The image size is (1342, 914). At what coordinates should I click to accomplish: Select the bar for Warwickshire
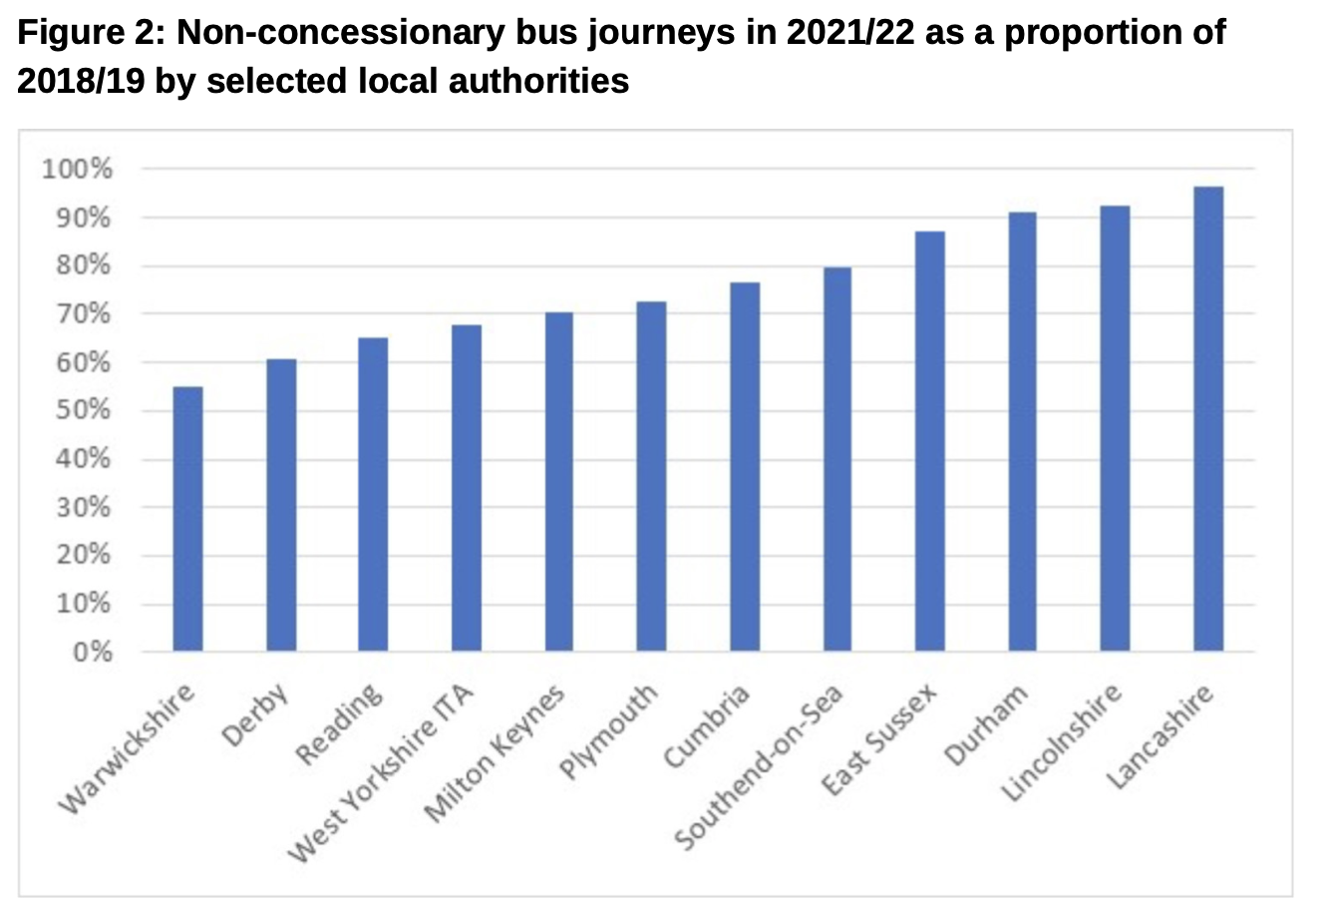tap(187, 519)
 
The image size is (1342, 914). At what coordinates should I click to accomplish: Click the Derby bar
tap(281, 505)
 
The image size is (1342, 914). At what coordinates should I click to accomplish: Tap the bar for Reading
tap(373, 494)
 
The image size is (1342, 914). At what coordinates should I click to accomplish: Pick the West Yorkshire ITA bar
tap(466, 488)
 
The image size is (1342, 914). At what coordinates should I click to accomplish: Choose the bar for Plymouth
tap(651, 476)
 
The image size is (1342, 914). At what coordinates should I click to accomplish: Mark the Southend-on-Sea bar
tap(837, 459)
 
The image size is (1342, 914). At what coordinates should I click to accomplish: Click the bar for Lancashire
tap(1207, 419)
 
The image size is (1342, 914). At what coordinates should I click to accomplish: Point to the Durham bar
tap(1022, 431)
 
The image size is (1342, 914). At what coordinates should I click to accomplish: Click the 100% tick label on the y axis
tap(77, 169)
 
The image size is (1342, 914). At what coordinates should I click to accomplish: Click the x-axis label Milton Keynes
tap(496, 754)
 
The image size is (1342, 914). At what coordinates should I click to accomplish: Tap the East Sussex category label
tap(879, 739)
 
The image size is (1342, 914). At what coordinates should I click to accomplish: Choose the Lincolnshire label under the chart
tap(1063, 742)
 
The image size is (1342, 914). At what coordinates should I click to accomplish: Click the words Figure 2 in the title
tap(89, 33)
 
